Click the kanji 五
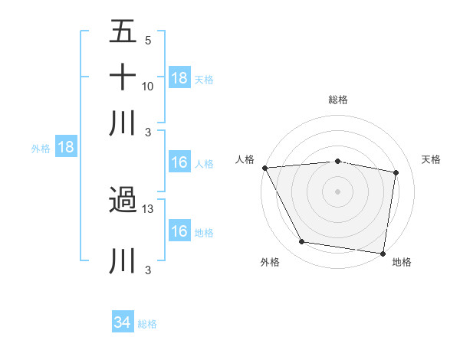(123, 32)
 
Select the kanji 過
(123, 201)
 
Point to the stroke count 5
(147, 41)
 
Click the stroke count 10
(148, 86)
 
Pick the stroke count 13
(148, 209)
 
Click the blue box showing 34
(123, 322)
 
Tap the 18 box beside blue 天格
(179, 78)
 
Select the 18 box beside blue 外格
(66, 148)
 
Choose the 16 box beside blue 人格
(179, 162)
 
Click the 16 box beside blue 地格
(179, 231)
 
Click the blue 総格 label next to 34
(147, 324)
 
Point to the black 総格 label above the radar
(337, 100)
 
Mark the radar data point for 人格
(264, 168)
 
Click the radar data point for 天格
(396, 173)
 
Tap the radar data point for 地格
(383, 253)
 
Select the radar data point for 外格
(302, 242)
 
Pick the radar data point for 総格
(337, 161)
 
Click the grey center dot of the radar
(337, 191)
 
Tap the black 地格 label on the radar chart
(401, 263)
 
